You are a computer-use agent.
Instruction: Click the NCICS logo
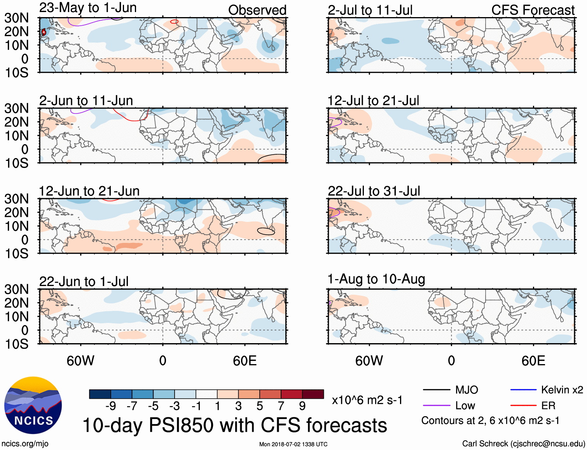tap(33, 405)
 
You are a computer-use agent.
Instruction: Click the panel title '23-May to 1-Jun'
tap(88, 8)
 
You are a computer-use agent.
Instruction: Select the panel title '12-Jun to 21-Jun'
tap(89, 191)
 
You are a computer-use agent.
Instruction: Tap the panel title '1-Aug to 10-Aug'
tap(376, 279)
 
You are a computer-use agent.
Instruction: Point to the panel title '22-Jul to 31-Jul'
tap(374, 191)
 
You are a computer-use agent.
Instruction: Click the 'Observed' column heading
tap(257, 10)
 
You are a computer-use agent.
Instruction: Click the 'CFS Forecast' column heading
tap(533, 10)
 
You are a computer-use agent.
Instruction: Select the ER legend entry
tap(548, 406)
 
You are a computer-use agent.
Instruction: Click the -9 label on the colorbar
tap(111, 406)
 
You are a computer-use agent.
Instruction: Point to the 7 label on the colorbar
tap(281, 406)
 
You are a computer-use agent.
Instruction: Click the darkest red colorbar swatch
tap(313, 394)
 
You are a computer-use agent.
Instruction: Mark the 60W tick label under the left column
tap(80, 361)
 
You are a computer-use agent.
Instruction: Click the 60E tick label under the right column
tap(533, 361)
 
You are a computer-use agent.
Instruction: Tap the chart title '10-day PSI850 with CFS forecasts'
tap(235, 425)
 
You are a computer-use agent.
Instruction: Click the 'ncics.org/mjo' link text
tap(25, 444)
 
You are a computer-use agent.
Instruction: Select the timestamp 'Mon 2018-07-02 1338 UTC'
tap(293, 444)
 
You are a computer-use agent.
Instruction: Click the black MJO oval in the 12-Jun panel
tap(266, 231)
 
